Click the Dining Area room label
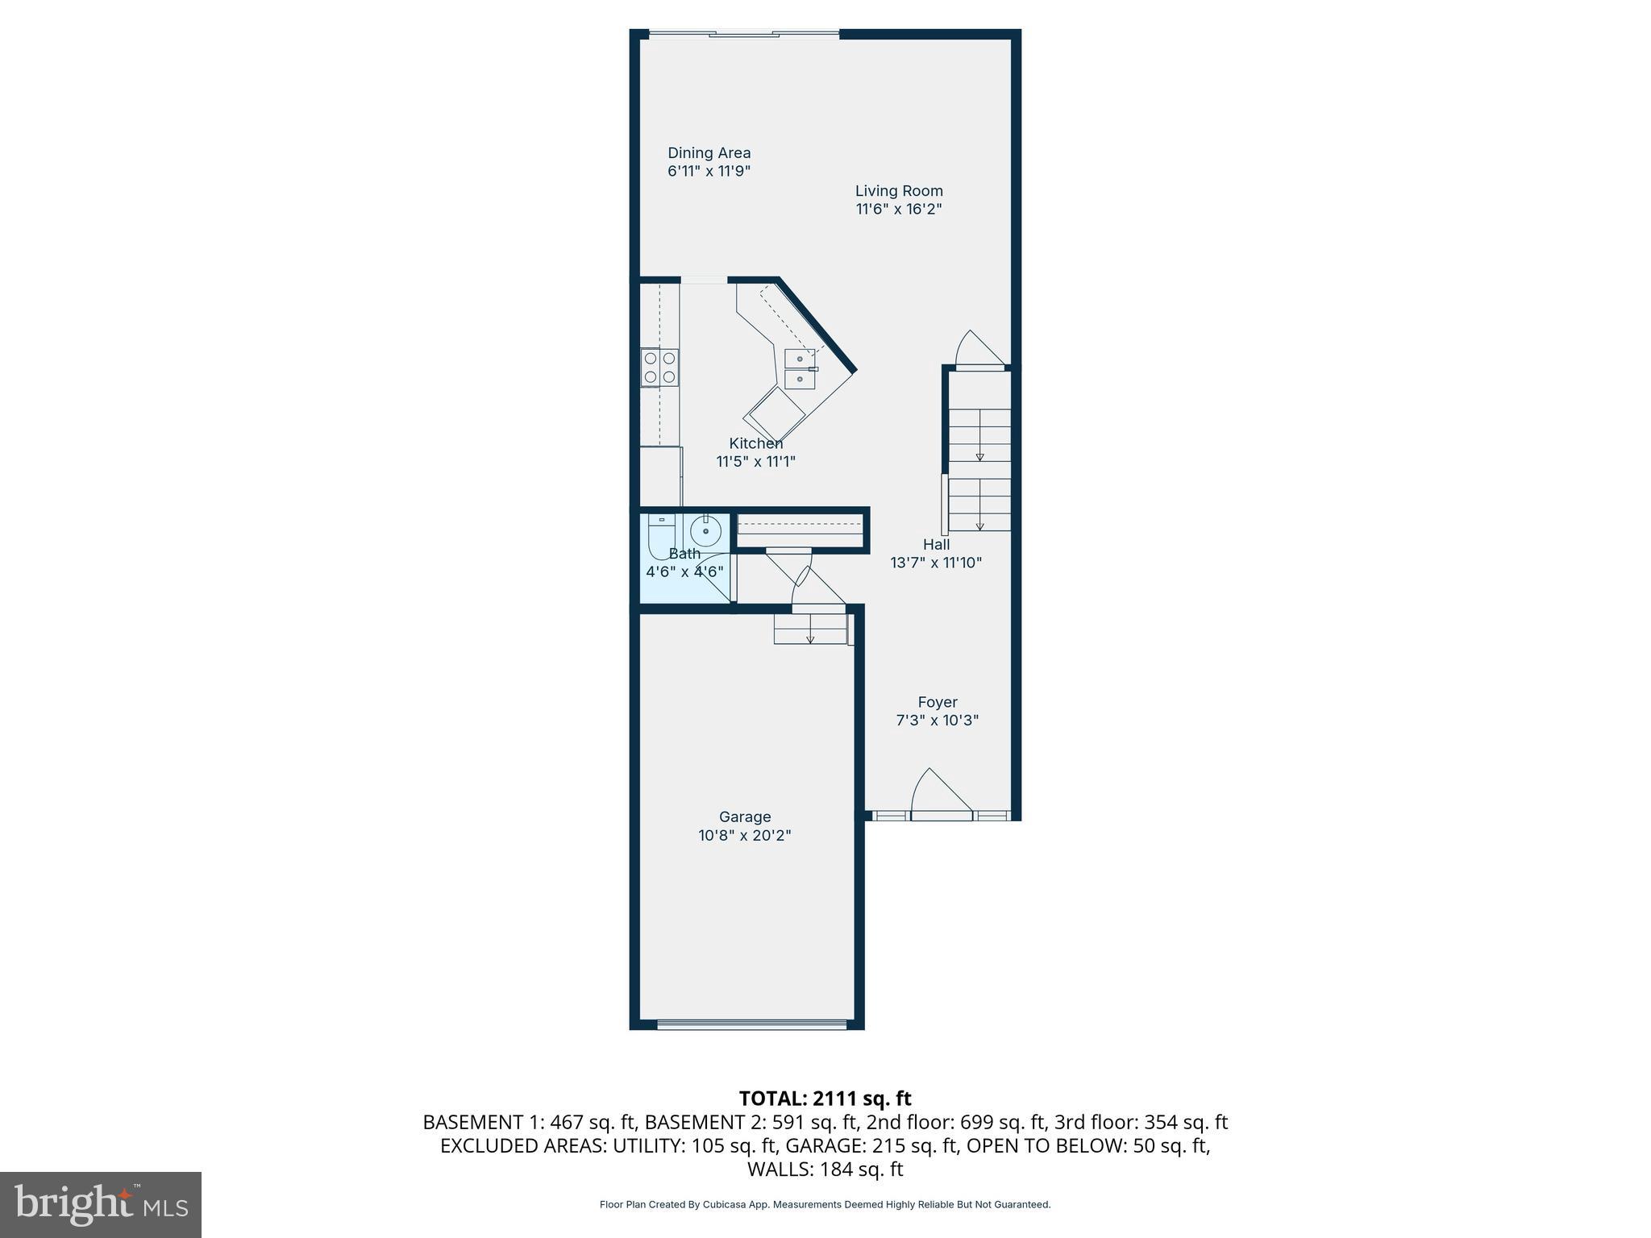709,153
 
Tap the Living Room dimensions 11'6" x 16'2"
899,210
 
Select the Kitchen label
755,443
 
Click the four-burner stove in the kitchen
659,368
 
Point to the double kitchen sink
801,369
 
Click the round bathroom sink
705,531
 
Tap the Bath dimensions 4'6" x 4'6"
684,572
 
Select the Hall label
936,545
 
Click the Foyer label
938,703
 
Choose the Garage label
745,817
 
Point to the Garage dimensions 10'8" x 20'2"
745,836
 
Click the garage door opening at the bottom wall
751,1024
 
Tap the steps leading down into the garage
810,629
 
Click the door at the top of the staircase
979,351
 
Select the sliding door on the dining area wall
743,34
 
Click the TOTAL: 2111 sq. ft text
825,1099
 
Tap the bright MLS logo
101,1204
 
